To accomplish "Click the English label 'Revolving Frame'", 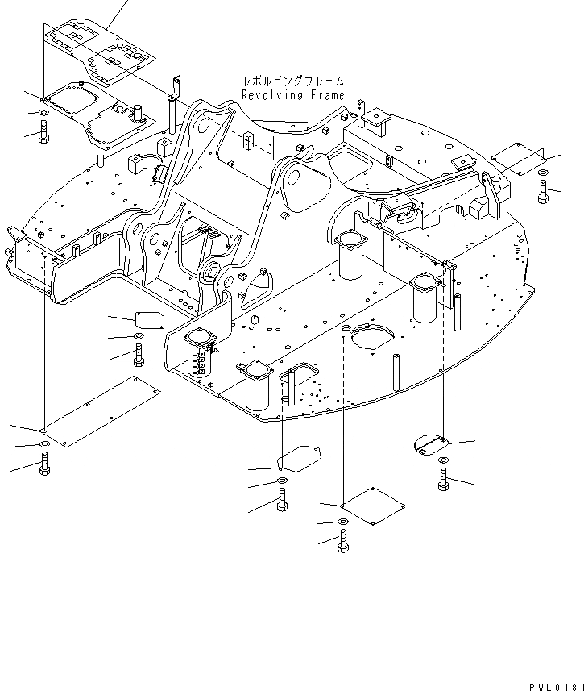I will pyautogui.click(x=293, y=95).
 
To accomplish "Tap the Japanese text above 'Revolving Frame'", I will pyautogui.click(x=293, y=81).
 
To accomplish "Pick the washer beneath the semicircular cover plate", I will pyautogui.click(x=444, y=460).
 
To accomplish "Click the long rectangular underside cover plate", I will pyautogui.click(x=101, y=410).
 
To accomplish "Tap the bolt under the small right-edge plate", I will pyautogui.click(x=544, y=192).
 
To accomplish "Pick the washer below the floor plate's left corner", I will pyautogui.click(x=43, y=111).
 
